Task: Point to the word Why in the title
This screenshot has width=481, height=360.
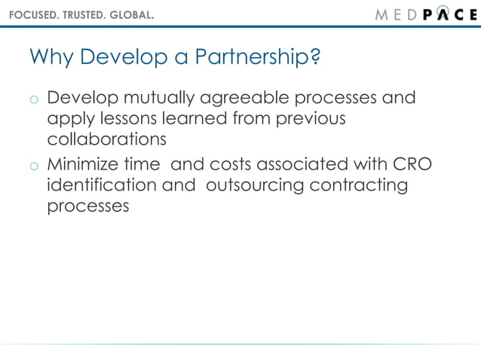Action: point(51,58)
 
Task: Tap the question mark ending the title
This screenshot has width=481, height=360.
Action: point(315,58)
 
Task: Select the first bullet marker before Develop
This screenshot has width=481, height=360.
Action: point(34,101)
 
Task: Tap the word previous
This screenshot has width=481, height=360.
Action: point(309,120)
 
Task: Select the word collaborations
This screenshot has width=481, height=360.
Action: point(106,140)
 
